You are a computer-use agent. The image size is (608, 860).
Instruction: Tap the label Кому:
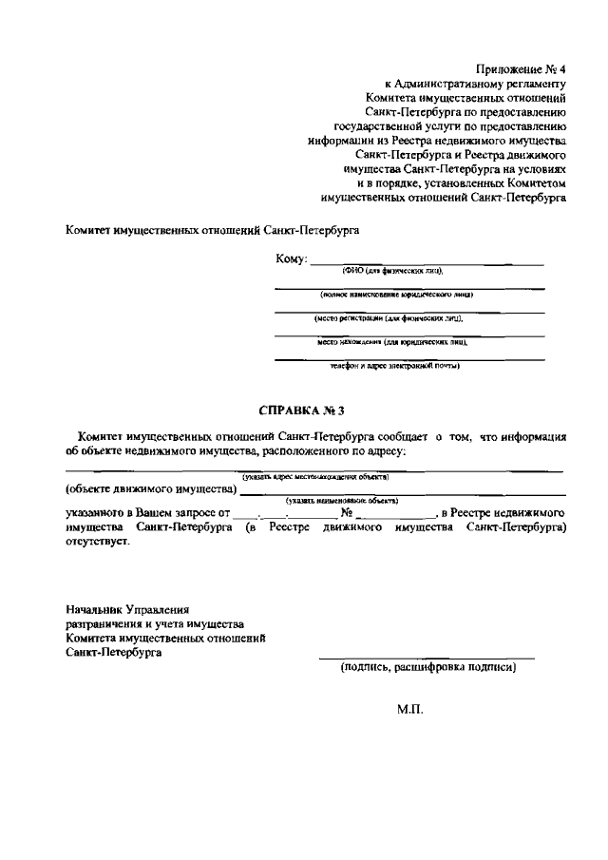click(x=291, y=260)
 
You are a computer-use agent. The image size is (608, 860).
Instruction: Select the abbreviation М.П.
click(x=409, y=708)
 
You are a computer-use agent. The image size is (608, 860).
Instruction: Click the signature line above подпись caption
click(x=426, y=658)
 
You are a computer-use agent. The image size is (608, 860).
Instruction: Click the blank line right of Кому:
click(x=427, y=263)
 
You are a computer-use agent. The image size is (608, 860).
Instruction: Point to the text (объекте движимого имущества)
click(x=150, y=489)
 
